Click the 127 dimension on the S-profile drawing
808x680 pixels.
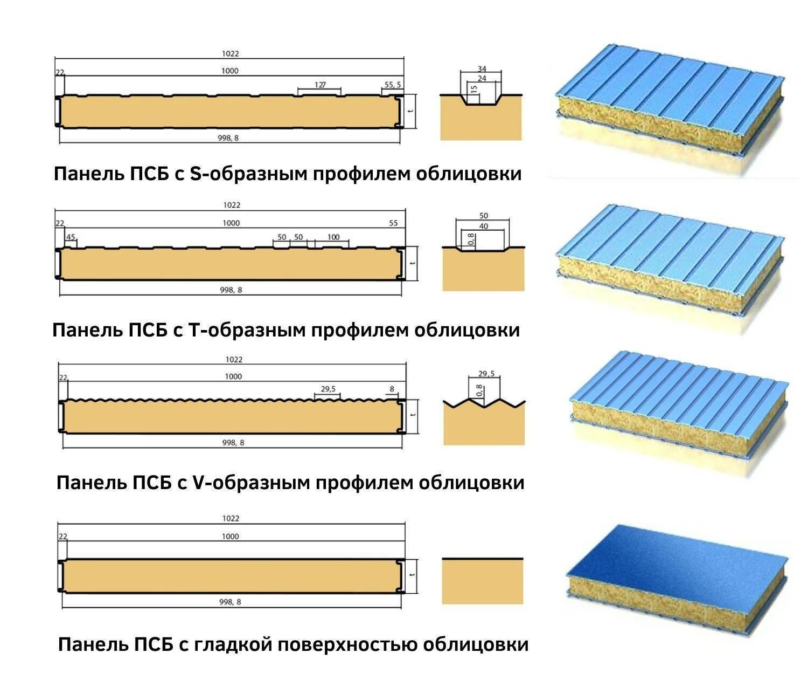[320, 85]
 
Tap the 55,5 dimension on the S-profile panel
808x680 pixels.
[392, 85]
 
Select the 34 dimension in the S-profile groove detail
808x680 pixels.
[482, 69]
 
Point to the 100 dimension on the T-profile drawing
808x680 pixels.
[333, 237]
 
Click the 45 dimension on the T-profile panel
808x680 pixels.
[71, 237]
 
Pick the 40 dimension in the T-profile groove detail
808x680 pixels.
[483, 226]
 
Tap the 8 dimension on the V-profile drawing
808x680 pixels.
[392, 389]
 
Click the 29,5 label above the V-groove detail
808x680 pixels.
[486, 373]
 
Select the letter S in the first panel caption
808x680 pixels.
[195, 174]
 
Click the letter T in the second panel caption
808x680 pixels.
[194, 329]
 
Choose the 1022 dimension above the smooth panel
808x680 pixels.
[230, 518]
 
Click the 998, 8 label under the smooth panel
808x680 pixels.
[230, 602]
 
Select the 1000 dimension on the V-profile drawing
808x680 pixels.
[233, 376]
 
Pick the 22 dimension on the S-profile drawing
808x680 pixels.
[59, 72]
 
